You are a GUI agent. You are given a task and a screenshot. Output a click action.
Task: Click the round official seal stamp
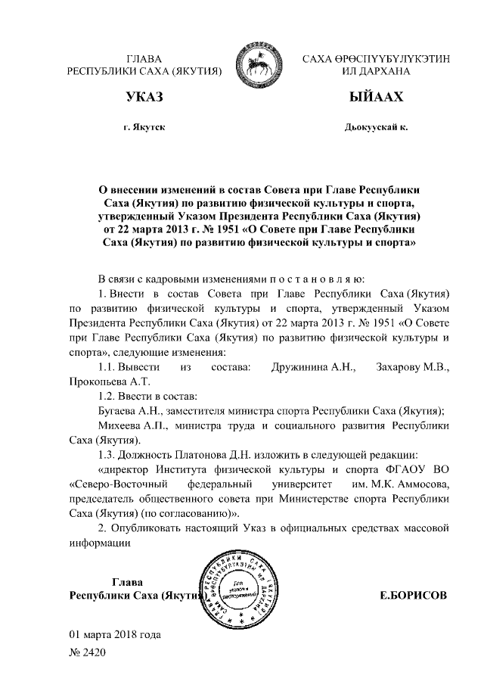pos(237,590)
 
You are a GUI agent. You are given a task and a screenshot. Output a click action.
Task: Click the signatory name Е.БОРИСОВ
pos(413,596)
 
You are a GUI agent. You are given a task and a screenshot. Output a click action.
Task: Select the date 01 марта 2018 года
pos(114,633)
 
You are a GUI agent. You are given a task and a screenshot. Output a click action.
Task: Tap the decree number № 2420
pos(87,651)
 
